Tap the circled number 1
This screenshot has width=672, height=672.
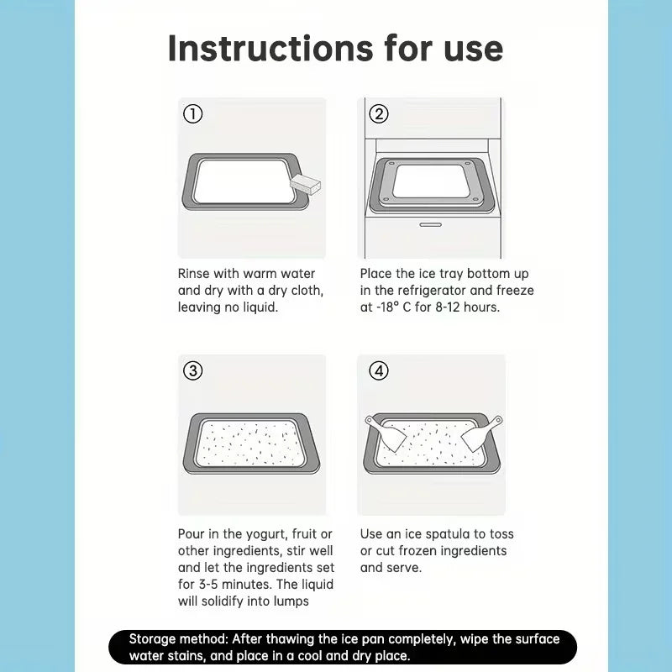coord(193,114)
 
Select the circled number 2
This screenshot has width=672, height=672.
coord(379,114)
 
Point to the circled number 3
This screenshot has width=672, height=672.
coord(193,370)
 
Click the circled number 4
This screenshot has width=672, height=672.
coord(379,370)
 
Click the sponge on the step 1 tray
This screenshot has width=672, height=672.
coord(306,184)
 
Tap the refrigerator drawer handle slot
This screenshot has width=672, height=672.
coord(430,224)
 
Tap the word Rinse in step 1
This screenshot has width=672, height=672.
coord(194,274)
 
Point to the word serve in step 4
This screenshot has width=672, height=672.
coord(405,568)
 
